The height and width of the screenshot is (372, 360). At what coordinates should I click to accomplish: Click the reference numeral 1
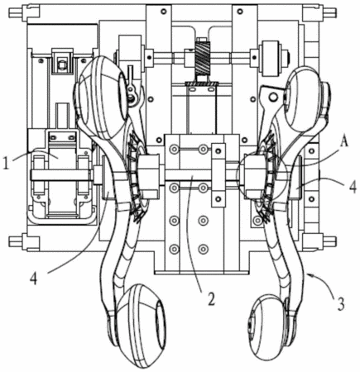[6, 163]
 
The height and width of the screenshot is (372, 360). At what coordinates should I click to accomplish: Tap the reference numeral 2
[211, 299]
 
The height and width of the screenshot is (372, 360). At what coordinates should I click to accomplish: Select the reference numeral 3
[341, 303]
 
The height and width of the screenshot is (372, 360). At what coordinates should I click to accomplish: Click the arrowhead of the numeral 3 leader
[310, 274]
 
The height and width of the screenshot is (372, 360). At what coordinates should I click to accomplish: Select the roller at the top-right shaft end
[271, 59]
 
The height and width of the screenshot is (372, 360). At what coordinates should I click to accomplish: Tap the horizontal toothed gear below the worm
[203, 83]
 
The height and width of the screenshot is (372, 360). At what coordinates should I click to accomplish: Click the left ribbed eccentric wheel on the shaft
[137, 176]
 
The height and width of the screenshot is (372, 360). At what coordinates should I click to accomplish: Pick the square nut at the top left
[63, 64]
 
